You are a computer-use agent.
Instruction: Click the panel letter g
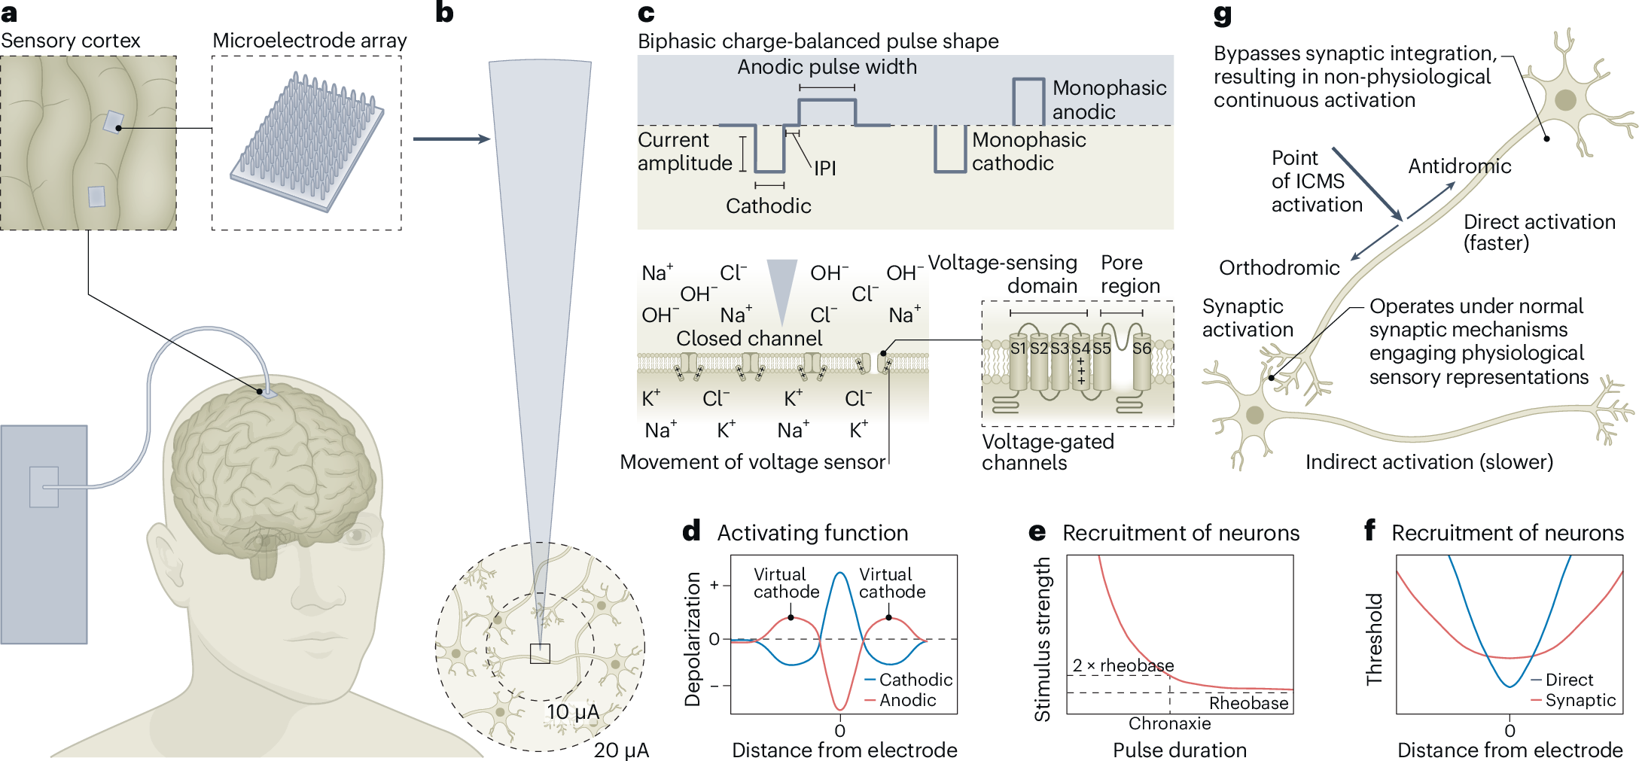tap(1222, 15)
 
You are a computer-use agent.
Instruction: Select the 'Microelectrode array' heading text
tap(309, 41)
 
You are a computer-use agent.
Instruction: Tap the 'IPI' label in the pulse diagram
tap(825, 168)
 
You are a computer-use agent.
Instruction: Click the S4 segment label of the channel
tap(1080, 349)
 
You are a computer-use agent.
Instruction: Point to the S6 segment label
tap(1141, 349)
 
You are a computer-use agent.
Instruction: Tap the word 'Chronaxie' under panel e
tap(1169, 723)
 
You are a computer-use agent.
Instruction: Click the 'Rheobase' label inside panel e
tap(1248, 703)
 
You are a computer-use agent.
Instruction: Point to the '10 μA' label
tap(573, 712)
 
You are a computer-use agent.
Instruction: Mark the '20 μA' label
tap(621, 750)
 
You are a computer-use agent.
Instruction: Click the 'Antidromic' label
tap(1459, 166)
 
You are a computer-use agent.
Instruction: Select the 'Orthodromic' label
tap(1279, 268)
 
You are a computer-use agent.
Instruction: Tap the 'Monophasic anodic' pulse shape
tap(1028, 100)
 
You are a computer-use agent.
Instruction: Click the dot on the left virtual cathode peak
tap(791, 617)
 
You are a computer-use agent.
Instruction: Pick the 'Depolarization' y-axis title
tap(692, 639)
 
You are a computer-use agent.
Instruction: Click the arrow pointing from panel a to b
tap(451, 139)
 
